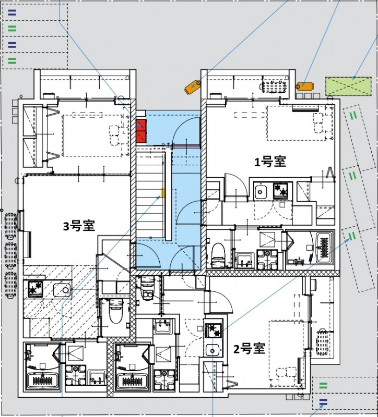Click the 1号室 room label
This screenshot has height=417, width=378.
point(270,162)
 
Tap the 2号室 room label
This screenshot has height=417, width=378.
point(249,349)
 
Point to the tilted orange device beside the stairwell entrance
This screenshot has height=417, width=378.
point(192,87)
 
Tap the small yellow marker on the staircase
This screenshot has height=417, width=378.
point(162,193)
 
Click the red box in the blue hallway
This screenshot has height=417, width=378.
point(141,131)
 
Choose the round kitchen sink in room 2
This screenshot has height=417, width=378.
point(214,349)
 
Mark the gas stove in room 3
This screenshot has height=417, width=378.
point(36,288)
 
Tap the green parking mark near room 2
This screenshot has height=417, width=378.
point(323,386)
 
